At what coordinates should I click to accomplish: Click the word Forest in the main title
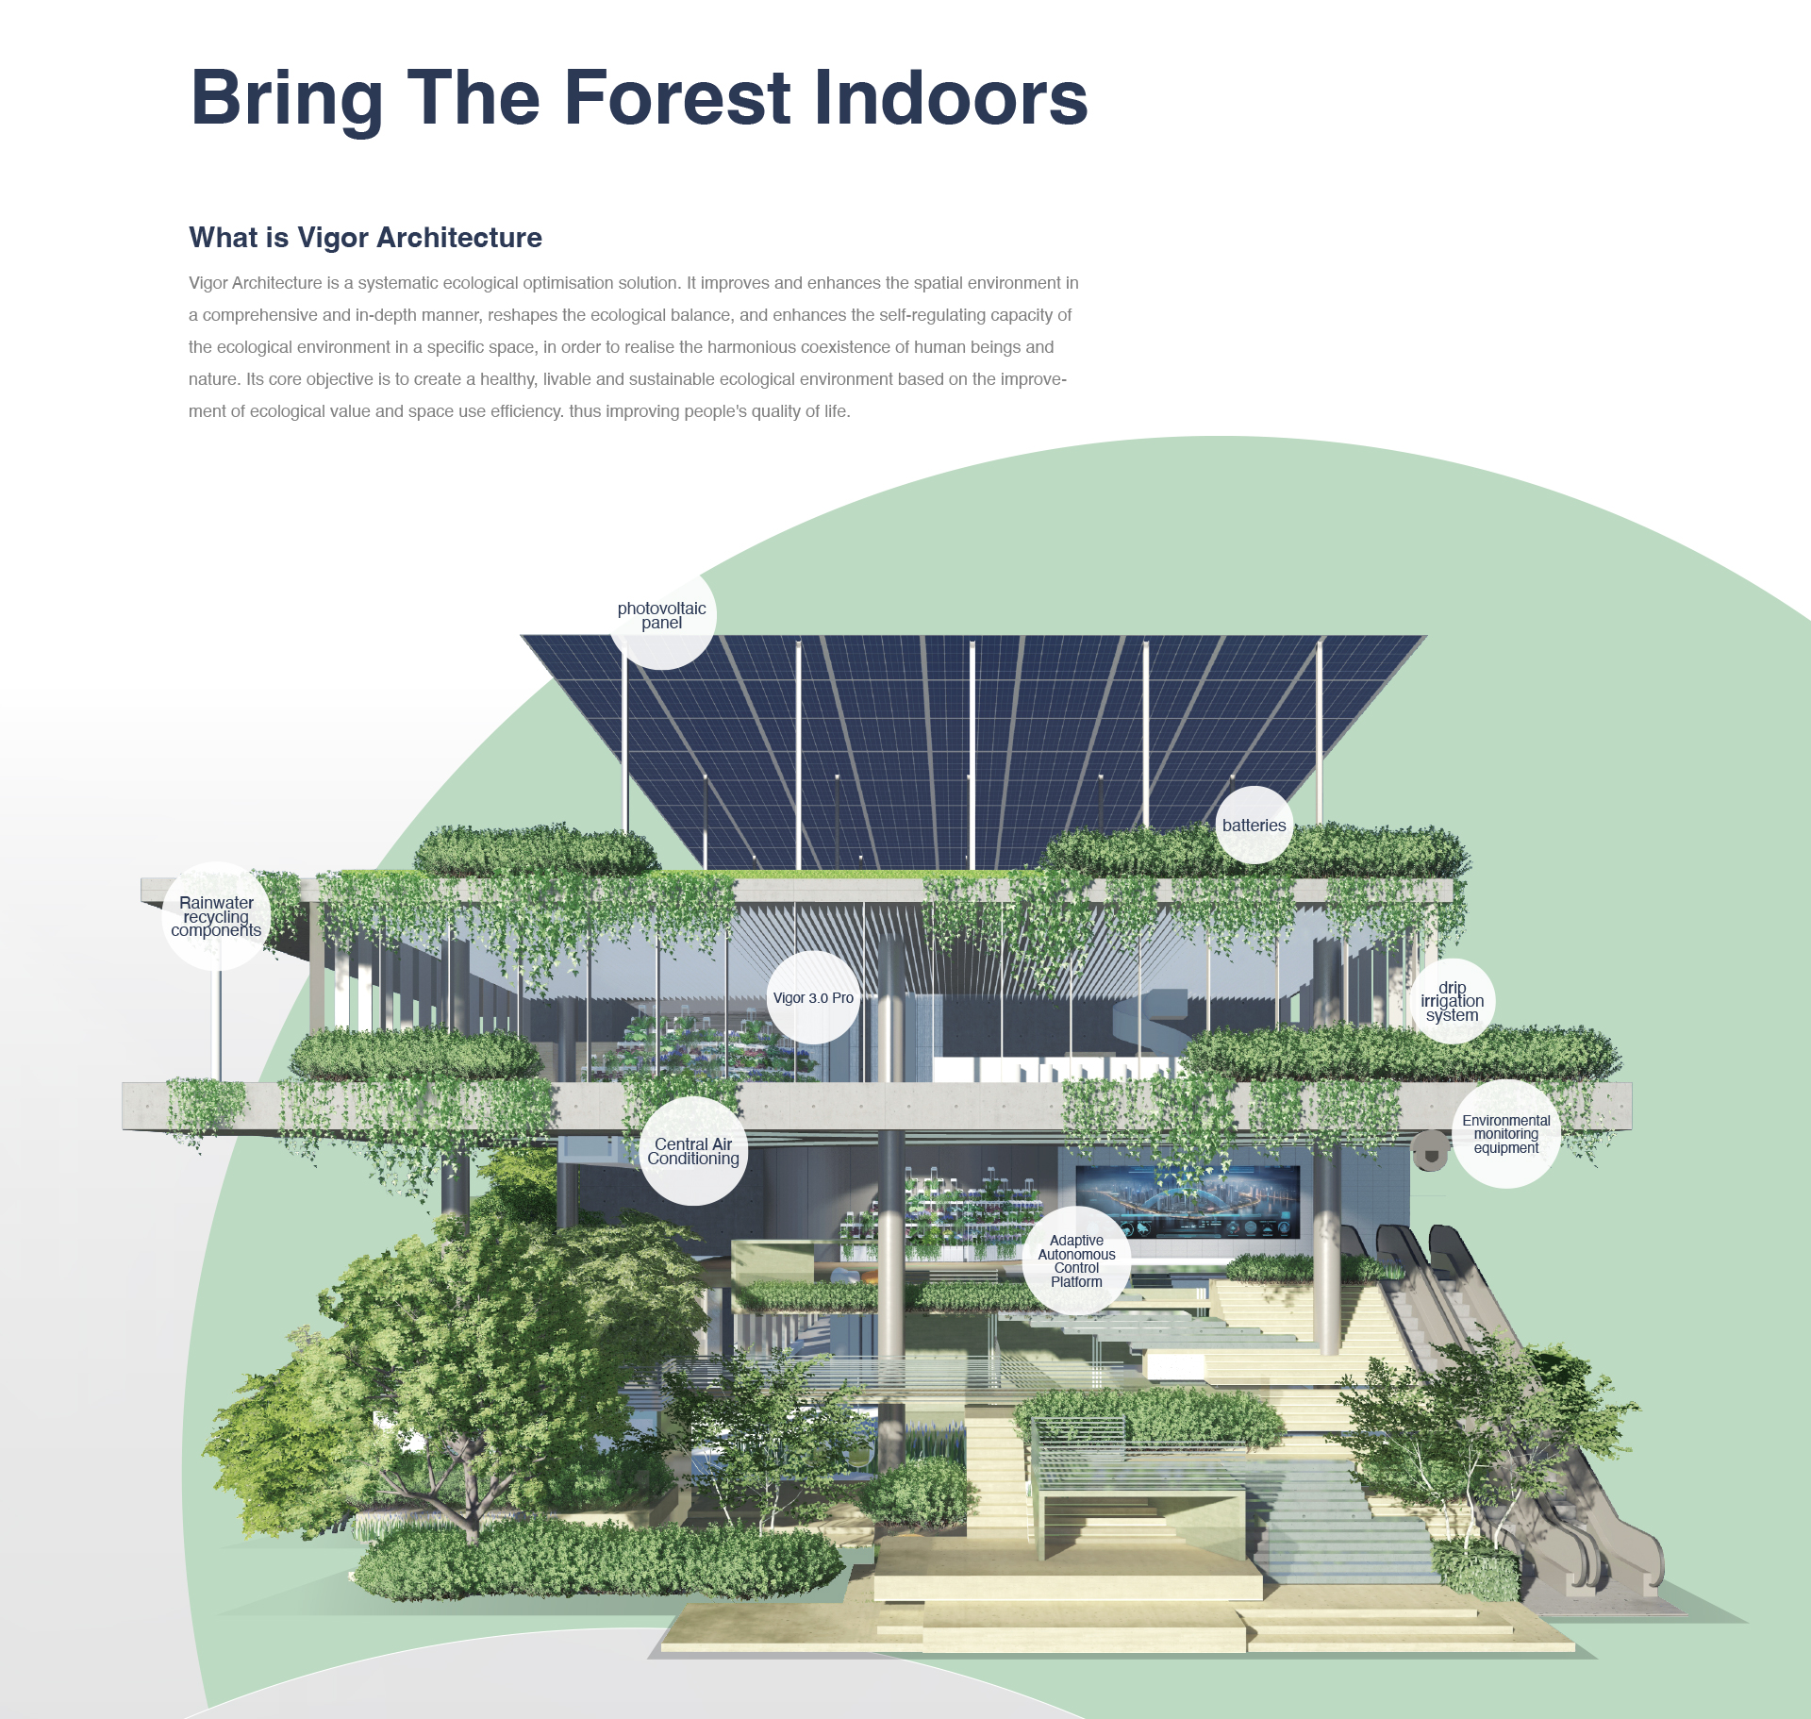pos(676,97)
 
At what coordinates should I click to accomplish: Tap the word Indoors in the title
pos(950,97)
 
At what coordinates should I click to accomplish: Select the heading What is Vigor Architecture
pos(365,238)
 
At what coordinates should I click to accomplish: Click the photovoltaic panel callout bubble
pos(661,615)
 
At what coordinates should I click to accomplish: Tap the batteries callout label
pos(1254,825)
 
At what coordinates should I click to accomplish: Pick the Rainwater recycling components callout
pos(216,916)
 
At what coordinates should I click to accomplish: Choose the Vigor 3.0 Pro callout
pos(813,997)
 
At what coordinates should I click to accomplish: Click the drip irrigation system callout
pos(1453,1001)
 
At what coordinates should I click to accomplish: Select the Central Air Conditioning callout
pos(693,1151)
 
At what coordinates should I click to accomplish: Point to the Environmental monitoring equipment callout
pos(1506,1134)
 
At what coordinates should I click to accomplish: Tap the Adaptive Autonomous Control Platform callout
pos(1076,1260)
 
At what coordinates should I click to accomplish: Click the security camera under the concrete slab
pos(1430,1151)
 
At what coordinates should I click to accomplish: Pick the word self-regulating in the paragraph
pos(932,315)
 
